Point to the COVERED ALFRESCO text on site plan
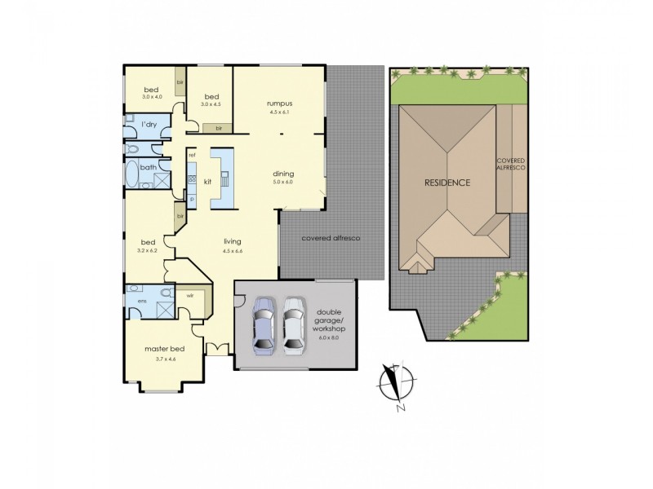click(510, 163)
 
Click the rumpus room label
click(278, 104)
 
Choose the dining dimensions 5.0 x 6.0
click(283, 182)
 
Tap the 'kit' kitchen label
click(207, 181)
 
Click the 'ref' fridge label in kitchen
click(192, 155)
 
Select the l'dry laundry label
click(149, 124)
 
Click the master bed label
click(164, 349)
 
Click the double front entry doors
click(217, 349)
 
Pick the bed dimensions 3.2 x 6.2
click(148, 250)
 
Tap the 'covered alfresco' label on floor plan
click(331, 238)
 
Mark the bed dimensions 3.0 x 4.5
click(211, 104)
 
